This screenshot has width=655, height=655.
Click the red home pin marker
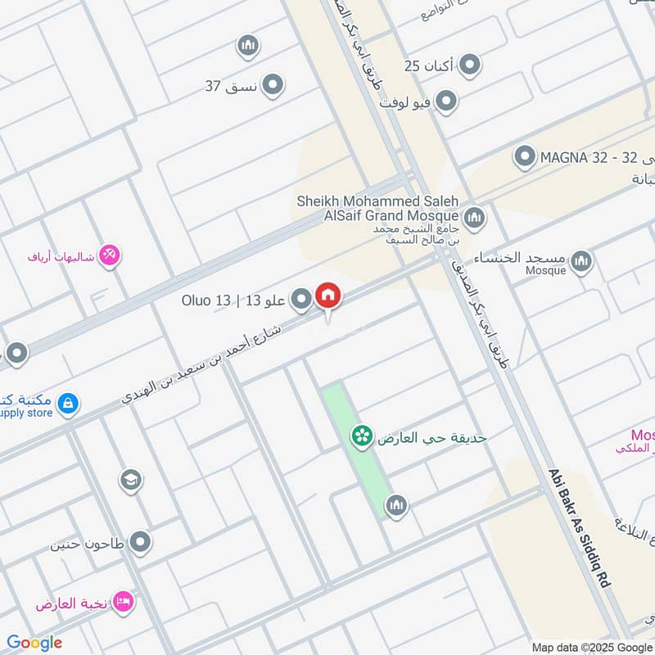[328, 296]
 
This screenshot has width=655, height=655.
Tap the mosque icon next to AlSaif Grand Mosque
[473, 218]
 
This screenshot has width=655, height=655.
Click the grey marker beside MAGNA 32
[524, 156]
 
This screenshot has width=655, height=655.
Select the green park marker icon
[359, 436]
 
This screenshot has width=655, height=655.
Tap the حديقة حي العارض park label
[431, 437]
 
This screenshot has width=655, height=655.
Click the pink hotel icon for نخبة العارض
[125, 602]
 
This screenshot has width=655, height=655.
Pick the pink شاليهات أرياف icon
[111, 255]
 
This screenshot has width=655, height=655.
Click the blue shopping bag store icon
[69, 402]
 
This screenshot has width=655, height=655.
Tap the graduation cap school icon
[130, 479]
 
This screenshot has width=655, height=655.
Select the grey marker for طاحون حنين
[142, 541]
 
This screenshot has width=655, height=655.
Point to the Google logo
[34, 643]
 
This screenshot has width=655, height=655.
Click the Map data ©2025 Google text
[591, 646]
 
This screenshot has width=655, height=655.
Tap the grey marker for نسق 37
[273, 85]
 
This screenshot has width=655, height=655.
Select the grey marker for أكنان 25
[470, 64]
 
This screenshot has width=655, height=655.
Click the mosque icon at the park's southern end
[396, 505]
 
